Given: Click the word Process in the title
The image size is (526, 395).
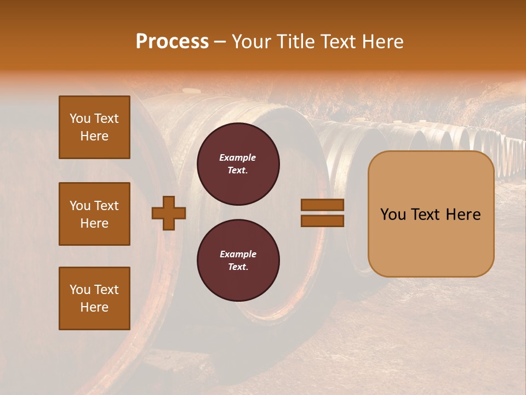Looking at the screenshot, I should (x=172, y=42).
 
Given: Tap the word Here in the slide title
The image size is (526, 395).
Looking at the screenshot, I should (x=381, y=42).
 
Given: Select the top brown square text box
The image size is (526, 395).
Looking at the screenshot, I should (x=94, y=127).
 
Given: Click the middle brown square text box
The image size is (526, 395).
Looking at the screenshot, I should (x=94, y=214).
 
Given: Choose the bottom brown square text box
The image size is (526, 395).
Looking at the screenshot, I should (x=94, y=298).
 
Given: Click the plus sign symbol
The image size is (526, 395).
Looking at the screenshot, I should (x=169, y=213).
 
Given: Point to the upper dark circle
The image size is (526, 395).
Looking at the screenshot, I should (x=238, y=163).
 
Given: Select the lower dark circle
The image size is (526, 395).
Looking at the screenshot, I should (x=238, y=260).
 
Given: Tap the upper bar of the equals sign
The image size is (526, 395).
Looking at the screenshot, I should (x=322, y=205).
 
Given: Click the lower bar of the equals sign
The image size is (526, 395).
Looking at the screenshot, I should (x=322, y=221).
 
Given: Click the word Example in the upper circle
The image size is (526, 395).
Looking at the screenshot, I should (x=238, y=157).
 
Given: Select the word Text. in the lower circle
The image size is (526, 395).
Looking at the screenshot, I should (x=238, y=267).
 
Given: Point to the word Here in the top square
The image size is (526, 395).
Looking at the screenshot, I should (x=94, y=136).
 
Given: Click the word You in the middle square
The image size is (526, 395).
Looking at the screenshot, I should (x=80, y=206).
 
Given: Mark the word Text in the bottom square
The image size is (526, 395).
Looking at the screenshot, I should (x=106, y=290).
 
